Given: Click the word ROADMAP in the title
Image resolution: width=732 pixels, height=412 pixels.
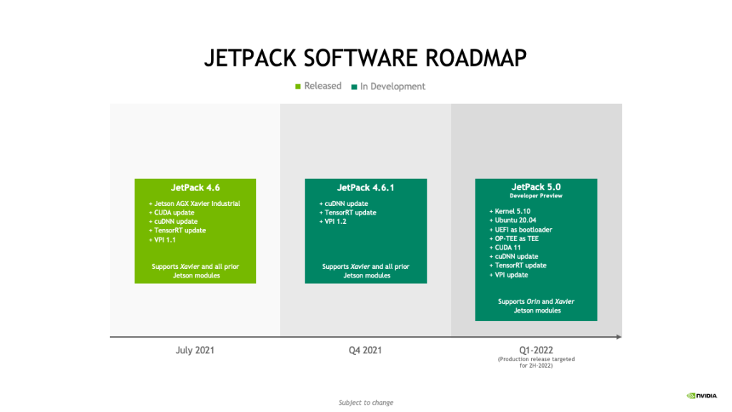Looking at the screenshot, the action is click(475, 58).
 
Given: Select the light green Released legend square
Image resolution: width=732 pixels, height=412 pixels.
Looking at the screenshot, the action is click(298, 87).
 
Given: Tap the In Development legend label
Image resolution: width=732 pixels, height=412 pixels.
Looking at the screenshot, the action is click(392, 87).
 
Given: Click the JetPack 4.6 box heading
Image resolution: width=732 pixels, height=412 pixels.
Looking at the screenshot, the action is click(195, 188).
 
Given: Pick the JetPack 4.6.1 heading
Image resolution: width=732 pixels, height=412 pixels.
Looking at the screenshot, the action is click(365, 188).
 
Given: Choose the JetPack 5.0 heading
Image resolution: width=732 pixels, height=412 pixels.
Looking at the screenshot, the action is click(536, 187).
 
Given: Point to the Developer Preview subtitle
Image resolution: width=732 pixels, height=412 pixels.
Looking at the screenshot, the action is click(536, 196).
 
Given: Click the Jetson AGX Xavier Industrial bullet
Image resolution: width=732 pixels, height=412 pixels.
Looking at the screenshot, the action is click(194, 204).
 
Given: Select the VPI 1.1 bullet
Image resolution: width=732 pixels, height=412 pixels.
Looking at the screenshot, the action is click(162, 240).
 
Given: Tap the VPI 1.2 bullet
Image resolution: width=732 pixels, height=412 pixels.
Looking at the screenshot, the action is click(333, 222).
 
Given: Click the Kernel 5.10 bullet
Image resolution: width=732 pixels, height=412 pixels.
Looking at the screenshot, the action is click(510, 211).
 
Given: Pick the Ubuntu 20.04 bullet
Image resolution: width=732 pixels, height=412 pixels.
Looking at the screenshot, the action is click(513, 220).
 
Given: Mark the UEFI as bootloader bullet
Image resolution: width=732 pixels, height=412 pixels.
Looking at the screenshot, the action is click(520, 230).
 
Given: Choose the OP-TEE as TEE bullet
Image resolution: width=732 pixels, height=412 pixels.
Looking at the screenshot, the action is click(514, 238).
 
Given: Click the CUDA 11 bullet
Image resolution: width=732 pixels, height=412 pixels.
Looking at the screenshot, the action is click(505, 247).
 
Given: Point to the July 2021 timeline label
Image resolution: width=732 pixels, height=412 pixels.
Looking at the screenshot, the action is click(194, 350).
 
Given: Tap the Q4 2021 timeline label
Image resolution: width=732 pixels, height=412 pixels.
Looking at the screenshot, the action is click(365, 350).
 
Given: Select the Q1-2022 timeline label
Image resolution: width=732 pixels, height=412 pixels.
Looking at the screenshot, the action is click(536, 350).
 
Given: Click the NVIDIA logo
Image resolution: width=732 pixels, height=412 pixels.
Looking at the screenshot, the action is click(702, 396).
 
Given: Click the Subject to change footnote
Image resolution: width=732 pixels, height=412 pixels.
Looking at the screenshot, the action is click(366, 402).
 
